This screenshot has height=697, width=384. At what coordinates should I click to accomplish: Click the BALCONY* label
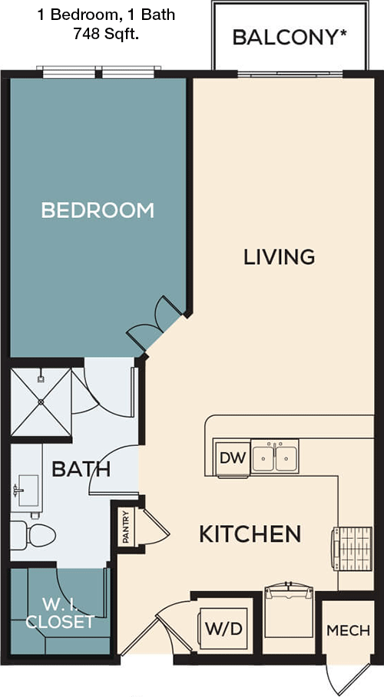click(285, 37)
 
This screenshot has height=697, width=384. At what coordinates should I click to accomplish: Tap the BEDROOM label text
click(98, 210)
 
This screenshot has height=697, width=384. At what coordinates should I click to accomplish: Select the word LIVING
click(279, 256)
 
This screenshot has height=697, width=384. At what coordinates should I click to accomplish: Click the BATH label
click(81, 468)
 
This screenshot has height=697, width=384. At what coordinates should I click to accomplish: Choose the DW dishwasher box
click(231, 459)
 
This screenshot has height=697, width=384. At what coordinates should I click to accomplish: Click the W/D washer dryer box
click(223, 629)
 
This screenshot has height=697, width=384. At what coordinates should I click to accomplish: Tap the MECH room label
click(348, 630)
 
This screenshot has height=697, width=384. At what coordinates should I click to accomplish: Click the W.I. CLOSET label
click(59, 613)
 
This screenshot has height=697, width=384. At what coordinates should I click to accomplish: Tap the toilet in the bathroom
click(33, 533)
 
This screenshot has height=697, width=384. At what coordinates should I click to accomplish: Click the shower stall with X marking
click(41, 401)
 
